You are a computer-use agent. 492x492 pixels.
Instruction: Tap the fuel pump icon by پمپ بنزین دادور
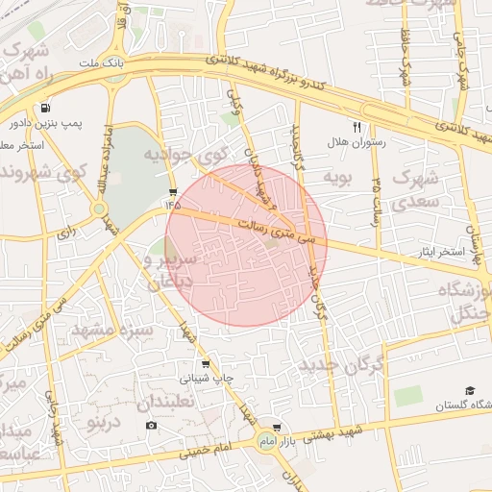click(44, 109)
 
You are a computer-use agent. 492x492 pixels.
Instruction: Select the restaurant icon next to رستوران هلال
click(357, 127)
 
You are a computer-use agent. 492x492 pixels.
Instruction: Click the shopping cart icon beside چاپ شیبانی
click(206, 364)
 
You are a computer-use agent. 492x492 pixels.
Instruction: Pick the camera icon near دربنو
click(151, 425)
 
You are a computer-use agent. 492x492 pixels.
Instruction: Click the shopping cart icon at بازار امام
click(278, 427)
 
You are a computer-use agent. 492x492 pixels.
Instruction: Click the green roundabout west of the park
click(99, 209)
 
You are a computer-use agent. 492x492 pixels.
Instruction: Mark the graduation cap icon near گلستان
click(471, 390)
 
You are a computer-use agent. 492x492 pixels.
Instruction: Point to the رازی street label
click(67, 233)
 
